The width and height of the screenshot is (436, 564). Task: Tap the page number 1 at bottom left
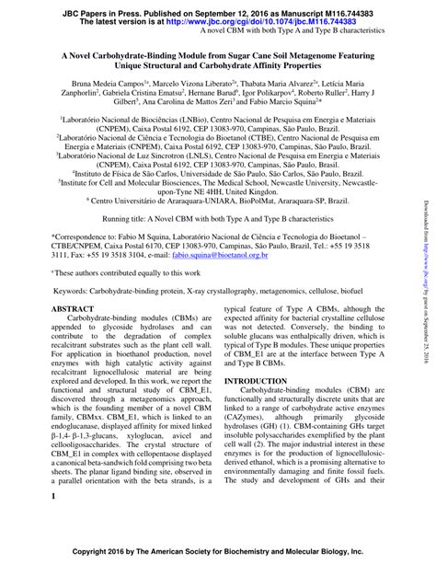click(54, 498)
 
